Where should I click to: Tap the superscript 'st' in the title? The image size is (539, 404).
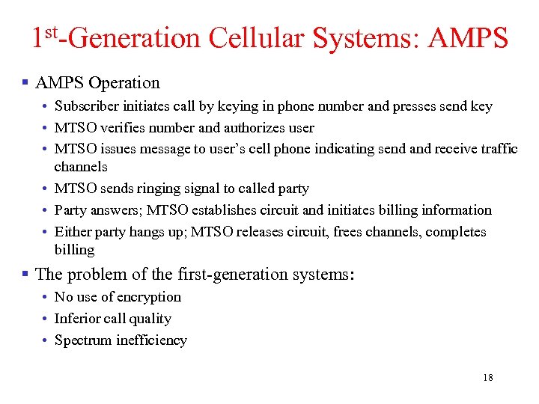[x=54, y=31]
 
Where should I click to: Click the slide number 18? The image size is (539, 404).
[x=488, y=378]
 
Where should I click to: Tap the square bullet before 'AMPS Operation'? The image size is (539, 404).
[x=25, y=82]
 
